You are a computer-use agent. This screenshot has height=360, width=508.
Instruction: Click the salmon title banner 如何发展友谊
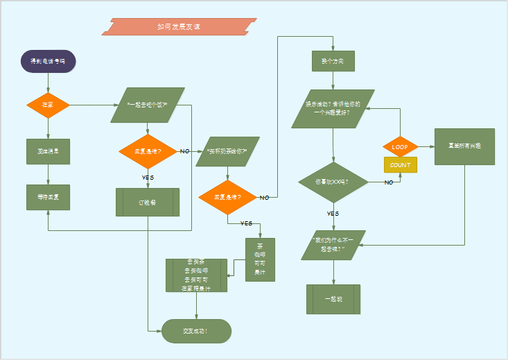coord(179,26)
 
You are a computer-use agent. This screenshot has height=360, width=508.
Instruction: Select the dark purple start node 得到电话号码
coord(48,61)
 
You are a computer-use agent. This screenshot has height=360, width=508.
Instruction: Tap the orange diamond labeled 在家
coord(48,105)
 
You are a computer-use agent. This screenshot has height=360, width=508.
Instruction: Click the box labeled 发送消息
coord(48,151)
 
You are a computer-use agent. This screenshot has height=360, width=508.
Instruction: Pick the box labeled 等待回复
coord(48,197)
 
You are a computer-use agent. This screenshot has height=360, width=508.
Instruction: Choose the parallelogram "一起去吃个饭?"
coord(148,105)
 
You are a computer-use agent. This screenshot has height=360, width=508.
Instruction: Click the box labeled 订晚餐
coord(148,203)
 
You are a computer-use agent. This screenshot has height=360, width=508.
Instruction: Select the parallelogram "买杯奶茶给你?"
coord(227,151)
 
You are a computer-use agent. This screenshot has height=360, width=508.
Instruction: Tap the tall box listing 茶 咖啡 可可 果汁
coord(260,259)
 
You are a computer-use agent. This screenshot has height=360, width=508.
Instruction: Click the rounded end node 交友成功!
coord(196,331)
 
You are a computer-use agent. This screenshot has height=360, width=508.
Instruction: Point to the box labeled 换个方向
coord(333,61)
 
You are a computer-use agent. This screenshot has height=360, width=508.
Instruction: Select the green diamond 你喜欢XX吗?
coord(333,182)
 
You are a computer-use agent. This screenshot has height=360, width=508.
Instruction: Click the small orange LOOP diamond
coord(400,147)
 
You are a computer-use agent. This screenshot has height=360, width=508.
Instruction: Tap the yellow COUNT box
coord(400,165)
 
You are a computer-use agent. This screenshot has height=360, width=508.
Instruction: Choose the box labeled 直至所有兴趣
coord(464,146)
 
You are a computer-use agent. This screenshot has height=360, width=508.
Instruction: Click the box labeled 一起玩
coord(333,299)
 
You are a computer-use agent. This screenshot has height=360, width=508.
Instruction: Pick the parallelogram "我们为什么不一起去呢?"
coord(333,245)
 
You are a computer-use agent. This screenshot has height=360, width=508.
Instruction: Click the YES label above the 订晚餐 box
coord(148,178)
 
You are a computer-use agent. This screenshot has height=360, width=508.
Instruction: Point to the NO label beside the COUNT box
coord(389,182)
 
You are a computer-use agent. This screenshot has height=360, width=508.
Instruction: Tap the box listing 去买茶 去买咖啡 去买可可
coord(196,275)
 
